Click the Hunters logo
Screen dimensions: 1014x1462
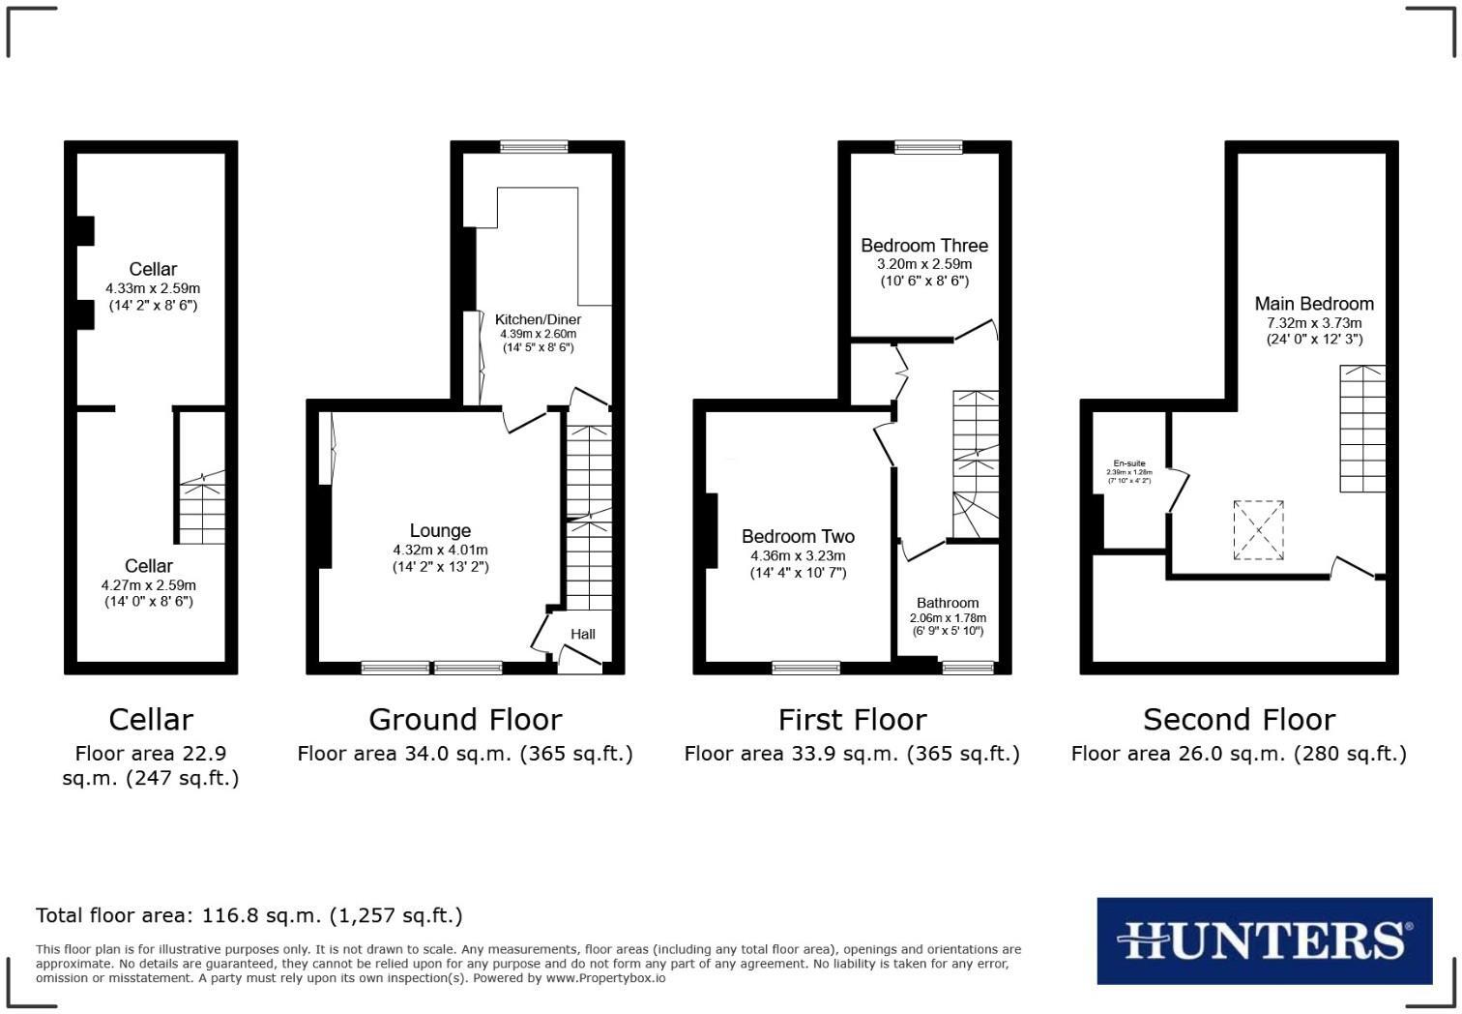coord(1264,940)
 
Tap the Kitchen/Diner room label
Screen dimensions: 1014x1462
coord(538,319)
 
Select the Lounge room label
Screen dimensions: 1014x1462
coord(440,530)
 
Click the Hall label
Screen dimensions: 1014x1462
coord(583,634)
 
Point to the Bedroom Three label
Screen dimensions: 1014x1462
coord(924,246)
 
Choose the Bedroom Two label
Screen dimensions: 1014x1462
coord(798,536)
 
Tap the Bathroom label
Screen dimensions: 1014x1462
coord(948,602)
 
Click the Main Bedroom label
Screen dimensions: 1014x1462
coord(1314,304)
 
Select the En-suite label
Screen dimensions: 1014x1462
coord(1128,463)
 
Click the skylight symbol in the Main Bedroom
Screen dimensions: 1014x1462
coord(1258,530)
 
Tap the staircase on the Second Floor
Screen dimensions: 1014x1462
coord(1361,429)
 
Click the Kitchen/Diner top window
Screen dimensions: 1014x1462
coord(534,147)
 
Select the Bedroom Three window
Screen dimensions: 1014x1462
coord(928,147)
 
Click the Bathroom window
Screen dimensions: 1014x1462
coord(968,667)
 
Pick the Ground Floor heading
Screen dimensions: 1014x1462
coord(465,719)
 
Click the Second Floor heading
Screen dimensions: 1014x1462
coord(1239,719)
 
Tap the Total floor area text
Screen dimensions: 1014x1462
coord(249,915)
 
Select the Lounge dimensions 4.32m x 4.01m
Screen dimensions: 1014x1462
coord(440,550)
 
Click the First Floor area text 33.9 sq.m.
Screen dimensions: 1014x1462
coord(852,754)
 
